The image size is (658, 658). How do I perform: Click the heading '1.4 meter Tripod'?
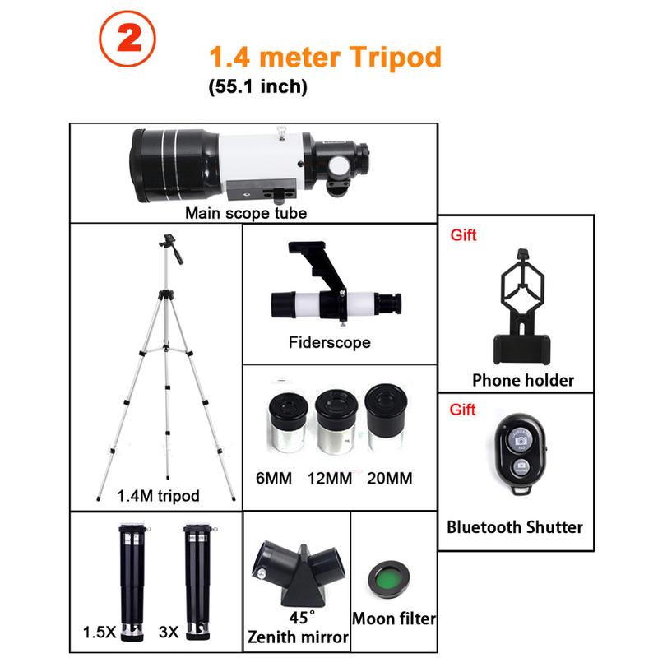325,57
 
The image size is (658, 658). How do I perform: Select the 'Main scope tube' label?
245,213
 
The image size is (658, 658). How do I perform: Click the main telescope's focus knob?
339,166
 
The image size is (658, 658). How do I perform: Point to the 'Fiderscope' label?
329,342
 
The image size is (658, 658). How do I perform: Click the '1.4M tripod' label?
159,495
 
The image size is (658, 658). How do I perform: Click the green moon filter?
391,576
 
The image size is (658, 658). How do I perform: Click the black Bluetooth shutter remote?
519,455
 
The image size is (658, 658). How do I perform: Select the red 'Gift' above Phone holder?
463,235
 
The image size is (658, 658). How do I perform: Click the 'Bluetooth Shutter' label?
515,527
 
